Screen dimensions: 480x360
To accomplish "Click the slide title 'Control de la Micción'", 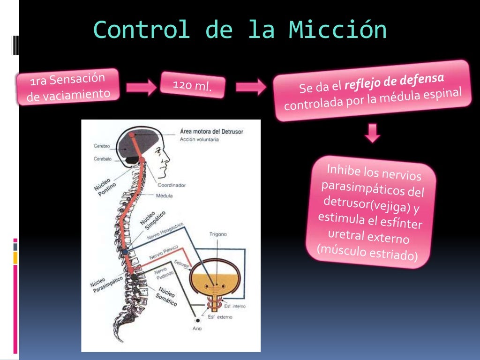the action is (240, 30).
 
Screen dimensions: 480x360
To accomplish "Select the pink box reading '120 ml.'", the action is (193, 85).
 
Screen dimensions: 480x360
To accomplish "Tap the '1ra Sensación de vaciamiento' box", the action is (68, 87).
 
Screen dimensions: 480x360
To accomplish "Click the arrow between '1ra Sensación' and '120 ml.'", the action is (141, 87).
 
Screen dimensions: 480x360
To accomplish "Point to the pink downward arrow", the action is (373, 133).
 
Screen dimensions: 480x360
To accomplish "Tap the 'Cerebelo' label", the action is (102, 159).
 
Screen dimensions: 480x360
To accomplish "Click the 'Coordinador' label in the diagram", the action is (171, 185).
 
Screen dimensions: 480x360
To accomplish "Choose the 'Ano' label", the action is (197, 329).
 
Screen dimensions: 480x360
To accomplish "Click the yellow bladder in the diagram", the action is (217, 280).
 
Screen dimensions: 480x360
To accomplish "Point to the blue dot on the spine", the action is (125, 252).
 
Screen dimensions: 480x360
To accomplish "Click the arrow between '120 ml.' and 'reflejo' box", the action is (250, 87).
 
